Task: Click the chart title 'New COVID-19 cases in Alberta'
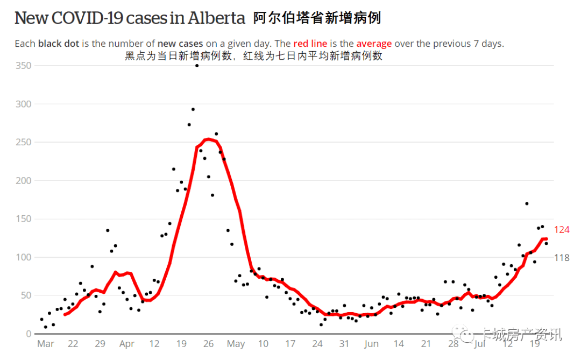click(x=130, y=18)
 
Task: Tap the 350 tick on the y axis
click(x=23, y=66)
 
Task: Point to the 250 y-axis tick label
click(x=23, y=143)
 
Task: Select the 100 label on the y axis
click(x=23, y=257)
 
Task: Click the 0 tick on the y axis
click(x=29, y=334)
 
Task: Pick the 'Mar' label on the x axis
click(x=46, y=344)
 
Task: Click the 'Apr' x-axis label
click(x=127, y=344)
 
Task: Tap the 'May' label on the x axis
click(x=236, y=344)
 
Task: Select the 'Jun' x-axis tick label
click(x=371, y=344)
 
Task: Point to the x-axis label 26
click(x=208, y=344)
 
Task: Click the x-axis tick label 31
click(x=344, y=344)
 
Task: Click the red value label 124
click(x=562, y=230)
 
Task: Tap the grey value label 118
click(x=562, y=258)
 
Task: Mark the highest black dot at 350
click(x=197, y=66)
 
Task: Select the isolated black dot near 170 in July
click(x=527, y=203)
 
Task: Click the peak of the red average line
click(x=209, y=139)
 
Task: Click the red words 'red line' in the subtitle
click(x=310, y=44)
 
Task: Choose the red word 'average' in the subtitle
click(x=374, y=44)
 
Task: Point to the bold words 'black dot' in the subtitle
click(x=59, y=44)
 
